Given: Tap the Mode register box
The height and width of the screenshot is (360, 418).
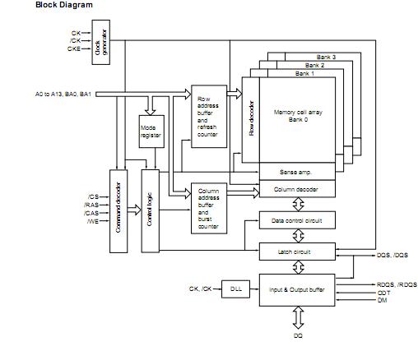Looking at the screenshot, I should [151, 132].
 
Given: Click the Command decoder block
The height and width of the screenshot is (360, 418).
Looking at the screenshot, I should [119, 209].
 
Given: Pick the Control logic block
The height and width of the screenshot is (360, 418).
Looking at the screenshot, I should [150, 209].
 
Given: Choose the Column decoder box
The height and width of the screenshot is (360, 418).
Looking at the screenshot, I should [296, 190].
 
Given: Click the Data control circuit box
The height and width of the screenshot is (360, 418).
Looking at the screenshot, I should [296, 220].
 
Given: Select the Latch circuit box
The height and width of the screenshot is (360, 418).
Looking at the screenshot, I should [296, 251].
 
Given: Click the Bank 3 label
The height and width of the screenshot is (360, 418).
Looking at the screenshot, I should [327, 57].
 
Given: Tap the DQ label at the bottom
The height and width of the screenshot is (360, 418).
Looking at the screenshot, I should [297, 337].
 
